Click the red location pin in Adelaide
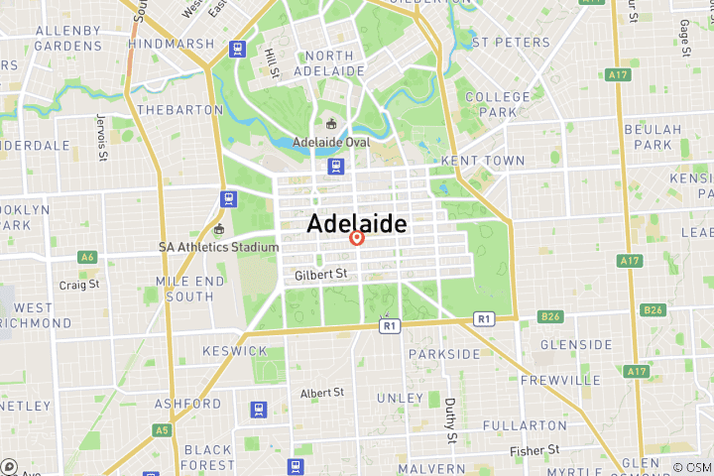[x=358, y=238]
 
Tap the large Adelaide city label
[x=357, y=224]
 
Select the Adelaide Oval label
[x=331, y=142]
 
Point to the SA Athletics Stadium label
[x=219, y=247]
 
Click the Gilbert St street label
[x=320, y=274]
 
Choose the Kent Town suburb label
[x=469, y=160]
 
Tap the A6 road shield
[x=88, y=257]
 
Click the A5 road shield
[x=162, y=429]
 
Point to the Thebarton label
[x=180, y=110]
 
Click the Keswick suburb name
[x=234, y=351]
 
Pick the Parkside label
[x=443, y=354]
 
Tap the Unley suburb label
[x=402, y=398]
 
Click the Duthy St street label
[x=449, y=420]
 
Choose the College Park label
[x=498, y=104]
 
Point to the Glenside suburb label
[x=576, y=345]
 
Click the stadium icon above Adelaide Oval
[x=331, y=124]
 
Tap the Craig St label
[x=79, y=285]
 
